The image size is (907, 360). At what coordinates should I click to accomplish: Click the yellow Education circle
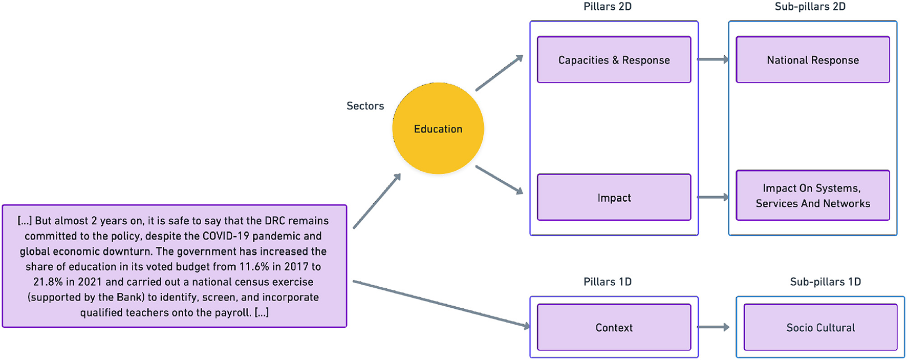(438, 129)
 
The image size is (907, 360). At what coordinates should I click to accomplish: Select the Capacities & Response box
(614, 60)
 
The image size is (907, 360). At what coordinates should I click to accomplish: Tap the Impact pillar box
(614, 198)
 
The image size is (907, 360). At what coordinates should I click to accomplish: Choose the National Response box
(812, 60)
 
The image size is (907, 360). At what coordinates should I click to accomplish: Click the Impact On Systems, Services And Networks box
(812, 196)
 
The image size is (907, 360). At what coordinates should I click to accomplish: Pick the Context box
(614, 328)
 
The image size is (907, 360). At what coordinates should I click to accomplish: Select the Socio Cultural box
(820, 328)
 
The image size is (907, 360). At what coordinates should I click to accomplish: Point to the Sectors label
(365, 106)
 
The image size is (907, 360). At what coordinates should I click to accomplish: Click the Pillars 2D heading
(607, 7)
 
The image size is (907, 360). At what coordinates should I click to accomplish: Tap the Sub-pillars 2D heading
(810, 7)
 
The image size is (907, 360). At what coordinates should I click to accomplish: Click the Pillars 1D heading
(607, 282)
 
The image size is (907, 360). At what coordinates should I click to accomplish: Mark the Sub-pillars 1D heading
(825, 282)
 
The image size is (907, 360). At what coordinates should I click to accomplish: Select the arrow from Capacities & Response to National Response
(713, 60)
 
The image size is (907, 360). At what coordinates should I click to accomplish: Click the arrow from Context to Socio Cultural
(713, 327)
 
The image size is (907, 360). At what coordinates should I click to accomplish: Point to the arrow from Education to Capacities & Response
(499, 73)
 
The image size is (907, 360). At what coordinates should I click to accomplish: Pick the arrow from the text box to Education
(377, 201)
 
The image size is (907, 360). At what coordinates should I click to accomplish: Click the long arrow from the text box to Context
(440, 304)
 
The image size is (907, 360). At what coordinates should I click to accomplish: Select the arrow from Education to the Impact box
(499, 180)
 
